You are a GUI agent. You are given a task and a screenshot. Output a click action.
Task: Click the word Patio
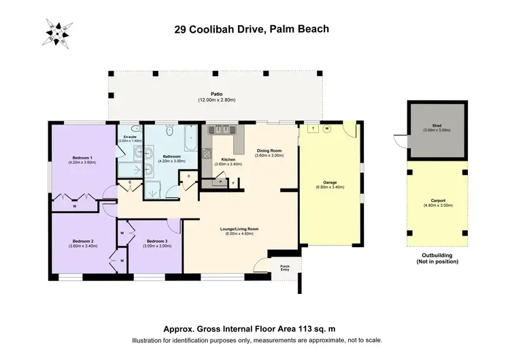(x=216, y=95)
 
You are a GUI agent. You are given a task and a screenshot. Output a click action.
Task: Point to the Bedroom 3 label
(x=156, y=241)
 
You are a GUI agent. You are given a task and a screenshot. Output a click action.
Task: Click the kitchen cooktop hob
(x=223, y=129)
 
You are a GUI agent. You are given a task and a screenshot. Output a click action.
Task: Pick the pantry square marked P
(x=220, y=182)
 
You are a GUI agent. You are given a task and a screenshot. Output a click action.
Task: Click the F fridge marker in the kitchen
(x=233, y=182)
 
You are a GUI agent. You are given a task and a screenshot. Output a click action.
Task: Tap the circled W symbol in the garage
(x=326, y=129)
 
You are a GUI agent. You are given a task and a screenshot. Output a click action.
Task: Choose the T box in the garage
(x=313, y=129)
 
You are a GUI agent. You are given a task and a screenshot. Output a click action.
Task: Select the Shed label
(x=437, y=126)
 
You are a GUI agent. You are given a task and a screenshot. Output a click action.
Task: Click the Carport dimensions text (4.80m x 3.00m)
(x=437, y=205)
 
